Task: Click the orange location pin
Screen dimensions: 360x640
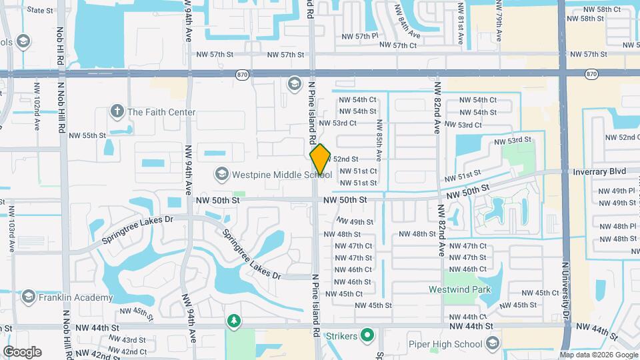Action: [321, 159]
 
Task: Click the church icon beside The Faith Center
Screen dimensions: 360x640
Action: [117, 111]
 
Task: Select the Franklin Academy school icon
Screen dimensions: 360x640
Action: [28, 297]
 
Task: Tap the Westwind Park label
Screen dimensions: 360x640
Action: [459, 289]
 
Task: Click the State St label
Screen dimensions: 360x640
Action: [41, 10]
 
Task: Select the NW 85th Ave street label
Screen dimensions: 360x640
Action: [379, 139]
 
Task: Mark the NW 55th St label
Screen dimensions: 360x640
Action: [87, 135]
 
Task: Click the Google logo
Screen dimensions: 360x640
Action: [22, 352]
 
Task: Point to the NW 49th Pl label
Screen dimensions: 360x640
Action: [617, 191]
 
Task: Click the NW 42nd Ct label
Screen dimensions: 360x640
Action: [129, 351]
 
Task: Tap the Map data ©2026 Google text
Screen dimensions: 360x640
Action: [598, 355]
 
